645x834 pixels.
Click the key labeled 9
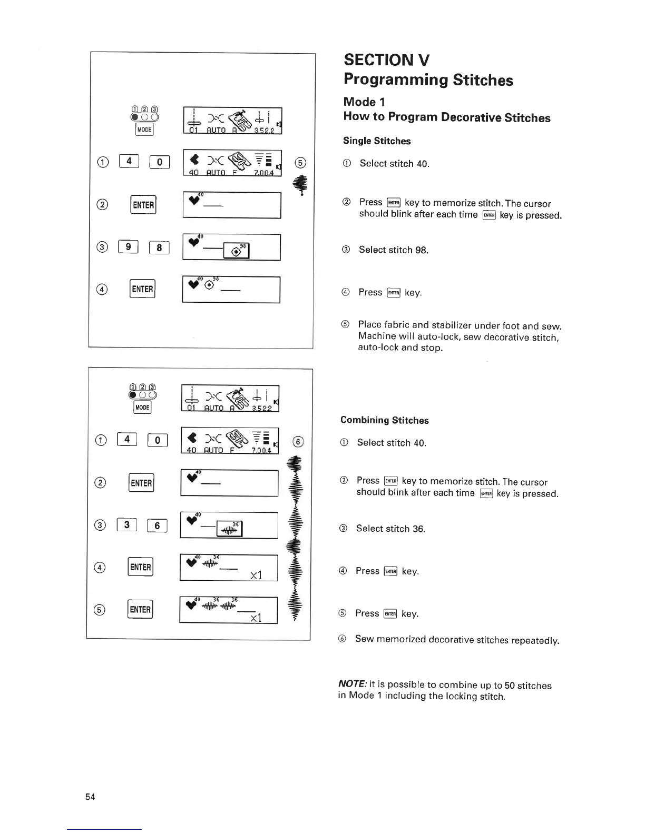[128, 246]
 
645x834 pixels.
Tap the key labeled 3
[126, 524]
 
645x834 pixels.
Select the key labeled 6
[157, 525]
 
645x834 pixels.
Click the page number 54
[90, 797]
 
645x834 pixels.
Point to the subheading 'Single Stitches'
[377, 141]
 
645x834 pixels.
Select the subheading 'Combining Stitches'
[384, 420]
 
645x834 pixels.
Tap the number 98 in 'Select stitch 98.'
[421, 250]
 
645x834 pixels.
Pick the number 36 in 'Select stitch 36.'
[418, 529]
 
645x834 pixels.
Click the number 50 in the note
[510, 685]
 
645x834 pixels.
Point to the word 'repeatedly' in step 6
[535, 640]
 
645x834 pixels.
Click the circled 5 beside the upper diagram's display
[300, 163]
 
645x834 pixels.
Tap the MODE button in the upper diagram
[144, 130]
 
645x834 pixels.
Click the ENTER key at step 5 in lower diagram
[140, 609]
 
